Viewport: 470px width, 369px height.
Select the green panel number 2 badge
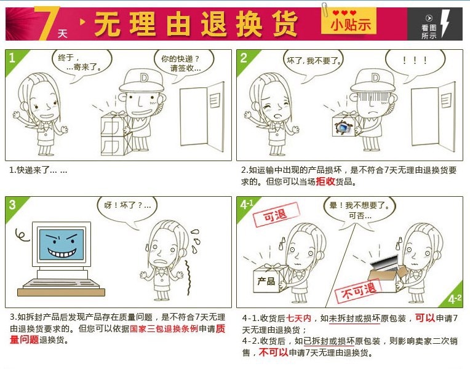pos(244,58)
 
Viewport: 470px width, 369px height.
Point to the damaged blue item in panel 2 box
pos(341,127)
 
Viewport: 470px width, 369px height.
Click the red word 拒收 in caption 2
pos(325,182)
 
